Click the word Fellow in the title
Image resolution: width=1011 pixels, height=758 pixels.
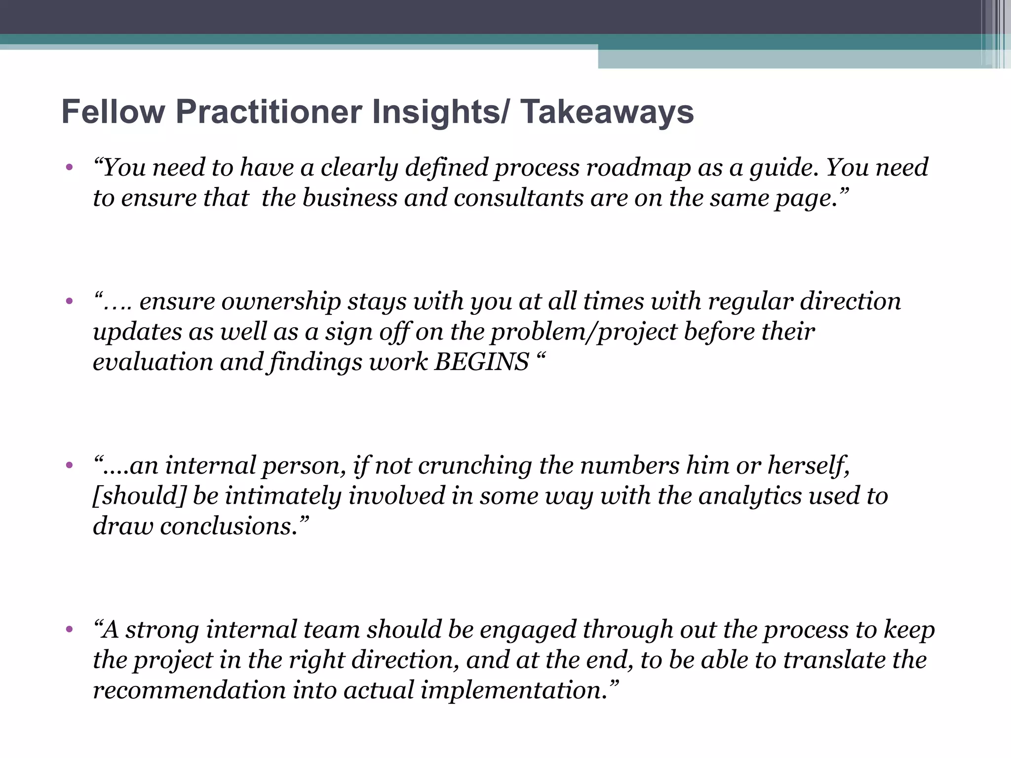(113, 112)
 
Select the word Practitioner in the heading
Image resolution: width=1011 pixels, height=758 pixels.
(269, 112)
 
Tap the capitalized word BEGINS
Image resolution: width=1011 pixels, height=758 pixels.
(481, 362)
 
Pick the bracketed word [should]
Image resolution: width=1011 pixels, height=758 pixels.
(139, 496)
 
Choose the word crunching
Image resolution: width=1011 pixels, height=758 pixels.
(475, 465)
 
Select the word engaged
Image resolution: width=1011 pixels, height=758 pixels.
(528, 630)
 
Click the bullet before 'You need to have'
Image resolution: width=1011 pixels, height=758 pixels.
(69, 167)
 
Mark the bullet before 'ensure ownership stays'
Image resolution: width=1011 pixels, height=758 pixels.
(69, 301)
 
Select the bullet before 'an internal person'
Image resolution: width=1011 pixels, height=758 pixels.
(69, 465)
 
